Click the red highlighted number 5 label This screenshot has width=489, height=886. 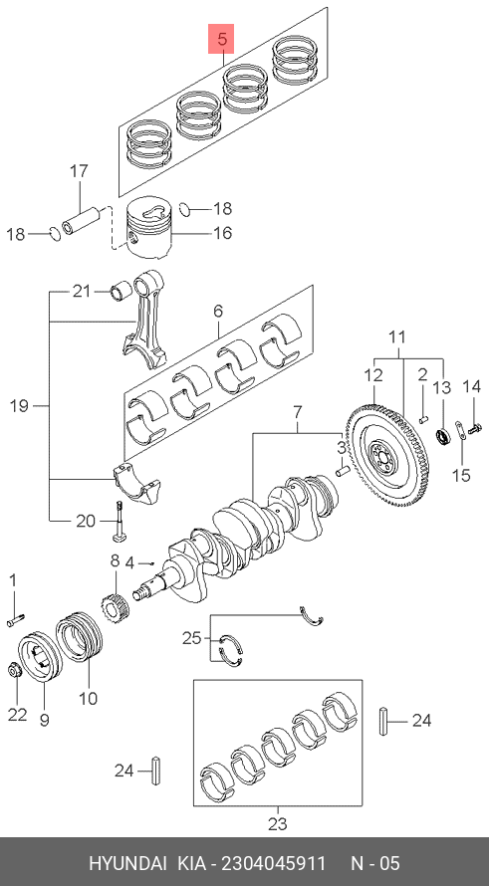point(221,39)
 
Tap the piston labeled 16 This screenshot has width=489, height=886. point(148,228)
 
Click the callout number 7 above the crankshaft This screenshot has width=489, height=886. point(298,413)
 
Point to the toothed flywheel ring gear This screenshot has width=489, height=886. point(387,453)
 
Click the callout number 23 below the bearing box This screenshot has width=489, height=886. point(277,824)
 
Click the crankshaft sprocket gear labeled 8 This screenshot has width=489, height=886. point(115,608)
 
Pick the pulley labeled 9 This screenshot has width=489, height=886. point(41,658)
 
